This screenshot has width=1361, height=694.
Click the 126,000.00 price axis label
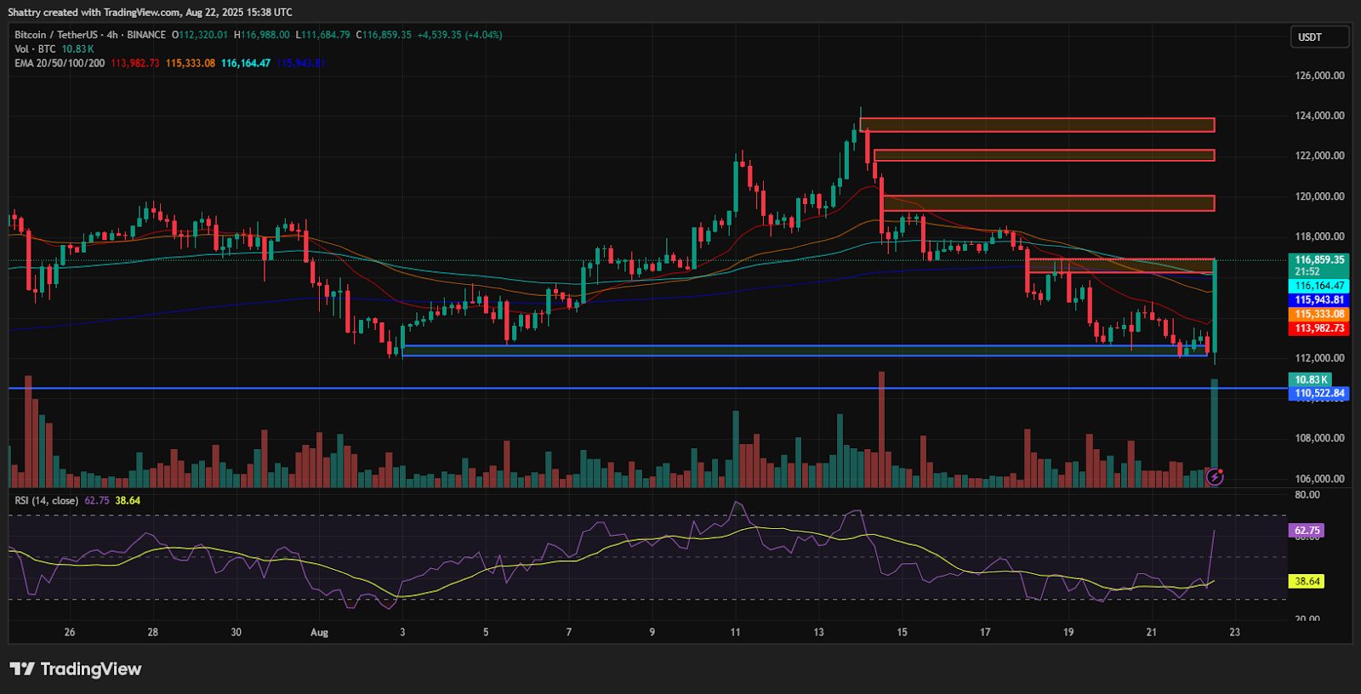pos(1319,76)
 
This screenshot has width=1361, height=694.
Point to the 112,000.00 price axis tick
pos(1319,358)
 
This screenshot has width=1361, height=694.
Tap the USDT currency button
pos(1318,37)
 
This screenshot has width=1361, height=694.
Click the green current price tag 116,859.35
pos(1319,260)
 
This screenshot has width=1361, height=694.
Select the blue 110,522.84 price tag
pos(1319,394)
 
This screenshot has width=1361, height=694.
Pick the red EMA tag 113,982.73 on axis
pos(1319,328)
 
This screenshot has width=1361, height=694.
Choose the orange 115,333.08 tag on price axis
pos(1319,315)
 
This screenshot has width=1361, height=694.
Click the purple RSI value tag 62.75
pos(1307,531)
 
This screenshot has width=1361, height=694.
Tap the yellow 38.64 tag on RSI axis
pos(1307,582)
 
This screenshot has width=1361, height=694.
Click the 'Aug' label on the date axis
pos(319,633)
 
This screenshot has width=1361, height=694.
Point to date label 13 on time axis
pos(818,633)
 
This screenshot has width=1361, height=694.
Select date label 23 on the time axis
pos(1234,633)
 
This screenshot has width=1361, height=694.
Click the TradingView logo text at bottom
pos(77,669)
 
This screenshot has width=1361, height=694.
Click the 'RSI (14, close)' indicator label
pos(47,501)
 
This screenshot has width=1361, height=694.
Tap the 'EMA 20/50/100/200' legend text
pos(60,64)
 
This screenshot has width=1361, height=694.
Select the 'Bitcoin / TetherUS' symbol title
pos(56,35)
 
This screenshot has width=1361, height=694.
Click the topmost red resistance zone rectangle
pos(1037,125)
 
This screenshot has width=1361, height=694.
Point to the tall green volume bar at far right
pos(1214,425)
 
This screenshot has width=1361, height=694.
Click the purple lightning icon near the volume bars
pos(1215,476)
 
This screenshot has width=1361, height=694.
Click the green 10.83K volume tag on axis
pos(1311,380)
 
